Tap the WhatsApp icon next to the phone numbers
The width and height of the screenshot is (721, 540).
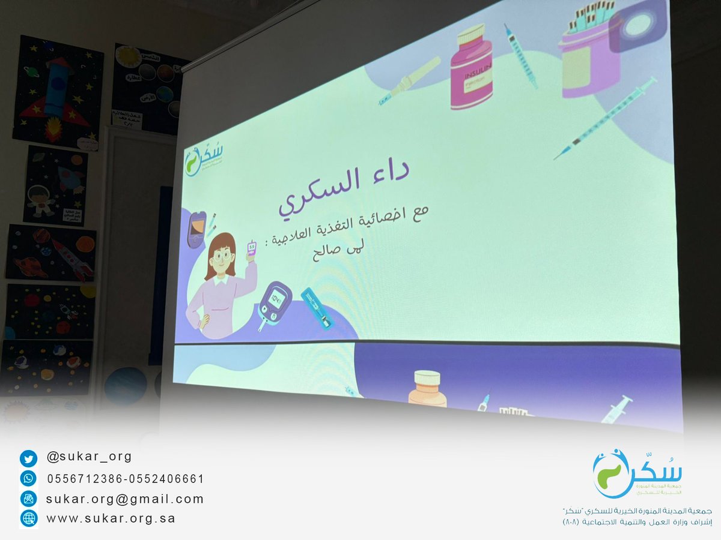point(28,479)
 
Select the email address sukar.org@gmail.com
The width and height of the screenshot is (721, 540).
point(125,499)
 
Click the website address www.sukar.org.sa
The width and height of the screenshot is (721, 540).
point(111,518)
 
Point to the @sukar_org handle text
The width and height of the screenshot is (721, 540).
point(89,457)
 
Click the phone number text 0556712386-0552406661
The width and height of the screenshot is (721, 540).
point(125,479)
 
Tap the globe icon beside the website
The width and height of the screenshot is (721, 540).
point(28,518)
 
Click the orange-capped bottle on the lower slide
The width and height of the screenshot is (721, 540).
point(427,389)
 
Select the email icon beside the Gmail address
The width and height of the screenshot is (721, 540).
point(28,498)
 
